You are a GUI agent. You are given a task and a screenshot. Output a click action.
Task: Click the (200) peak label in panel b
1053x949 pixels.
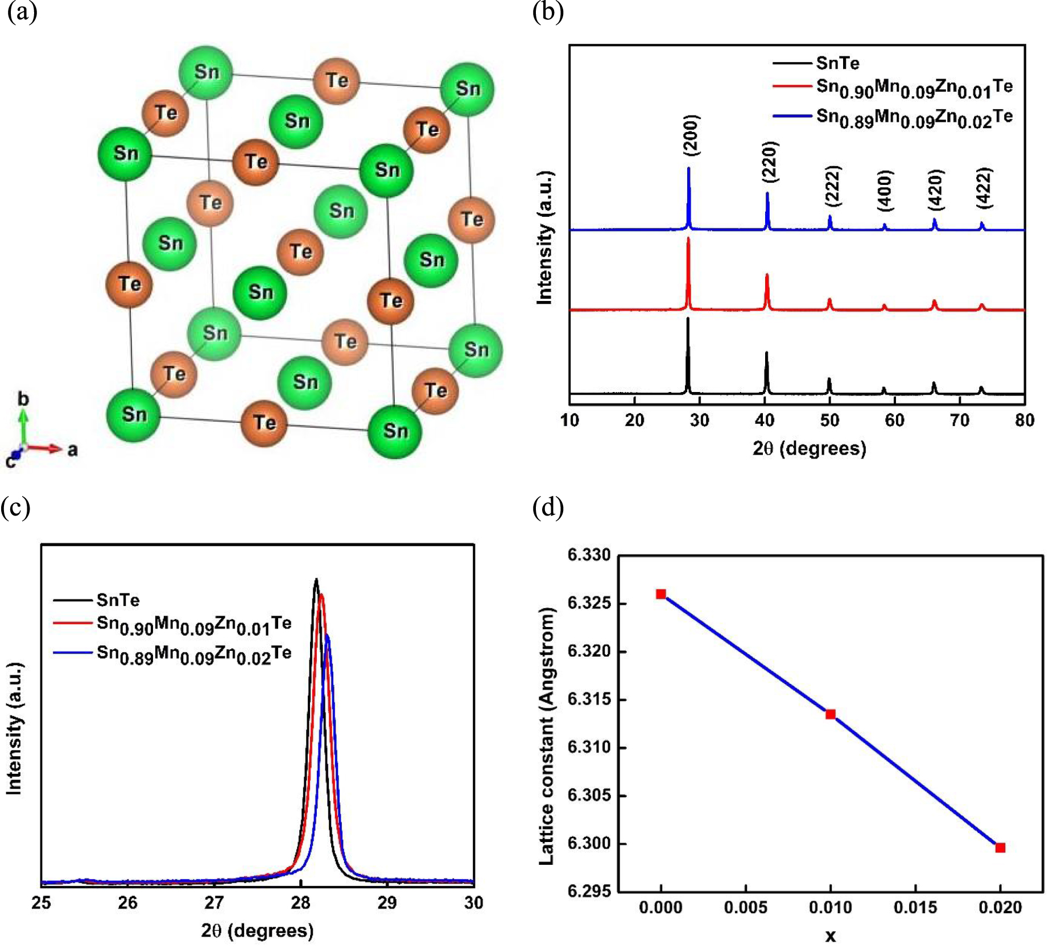[691, 135]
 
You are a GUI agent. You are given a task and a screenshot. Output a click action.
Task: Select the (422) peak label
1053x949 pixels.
[984, 187]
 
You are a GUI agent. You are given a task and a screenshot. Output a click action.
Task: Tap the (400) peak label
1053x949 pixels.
[886, 190]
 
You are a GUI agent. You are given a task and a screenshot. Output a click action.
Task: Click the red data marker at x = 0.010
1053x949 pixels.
[831, 714]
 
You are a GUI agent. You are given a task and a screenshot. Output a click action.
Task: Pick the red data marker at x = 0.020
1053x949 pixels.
[1000, 848]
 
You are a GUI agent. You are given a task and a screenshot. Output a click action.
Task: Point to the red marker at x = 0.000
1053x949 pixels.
[660, 594]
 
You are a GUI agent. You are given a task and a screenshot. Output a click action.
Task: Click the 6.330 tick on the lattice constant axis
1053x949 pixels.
[589, 555]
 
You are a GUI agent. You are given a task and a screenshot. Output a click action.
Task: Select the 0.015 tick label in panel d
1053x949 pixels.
[915, 907]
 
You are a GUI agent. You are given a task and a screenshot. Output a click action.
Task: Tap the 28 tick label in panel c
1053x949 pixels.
[300, 902]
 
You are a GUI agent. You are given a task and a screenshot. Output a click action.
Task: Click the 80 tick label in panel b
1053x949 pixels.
[1024, 420]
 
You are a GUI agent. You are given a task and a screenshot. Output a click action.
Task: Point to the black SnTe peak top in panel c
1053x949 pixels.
[316, 580]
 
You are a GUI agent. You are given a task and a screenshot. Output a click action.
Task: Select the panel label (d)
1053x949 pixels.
[548, 507]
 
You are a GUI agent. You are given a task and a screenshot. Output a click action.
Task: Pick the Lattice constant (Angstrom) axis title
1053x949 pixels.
[546, 736]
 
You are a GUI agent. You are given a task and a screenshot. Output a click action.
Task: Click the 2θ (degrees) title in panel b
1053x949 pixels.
[809, 448]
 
